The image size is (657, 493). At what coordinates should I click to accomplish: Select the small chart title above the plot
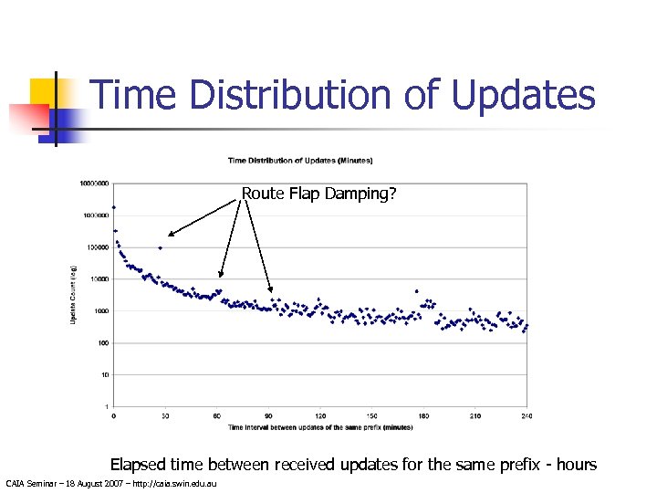pos(299,161)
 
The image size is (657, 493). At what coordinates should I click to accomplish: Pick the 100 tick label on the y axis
pos(102,343)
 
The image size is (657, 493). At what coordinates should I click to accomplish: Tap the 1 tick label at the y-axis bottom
pos(106,406)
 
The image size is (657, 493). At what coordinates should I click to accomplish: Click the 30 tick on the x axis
pos(165,416)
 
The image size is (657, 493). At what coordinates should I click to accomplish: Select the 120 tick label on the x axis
pos(320,416)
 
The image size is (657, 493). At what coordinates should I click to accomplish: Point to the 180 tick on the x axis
pos(423,416)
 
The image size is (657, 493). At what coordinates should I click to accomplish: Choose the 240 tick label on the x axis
pos(526,416)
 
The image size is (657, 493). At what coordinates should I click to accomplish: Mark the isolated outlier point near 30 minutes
pos(161,247)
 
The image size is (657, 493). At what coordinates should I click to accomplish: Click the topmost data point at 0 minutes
pos(114,208)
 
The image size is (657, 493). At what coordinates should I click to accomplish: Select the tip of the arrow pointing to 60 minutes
pos(220,276)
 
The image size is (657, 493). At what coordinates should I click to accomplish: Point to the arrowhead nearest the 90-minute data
pos(271,291)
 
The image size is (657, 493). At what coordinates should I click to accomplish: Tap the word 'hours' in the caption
pos(574,465)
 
